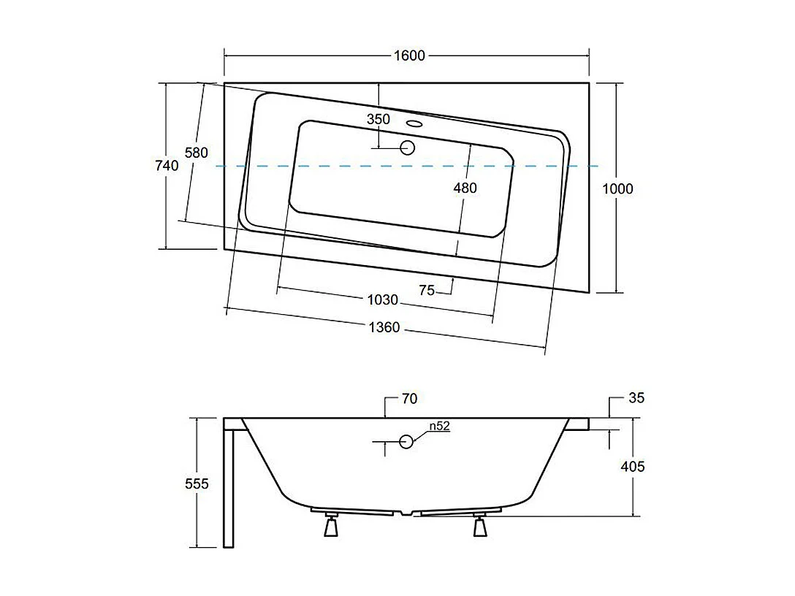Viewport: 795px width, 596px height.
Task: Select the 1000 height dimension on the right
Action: [x=617, y=188]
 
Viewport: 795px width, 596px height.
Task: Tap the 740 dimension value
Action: [x=167, y=166]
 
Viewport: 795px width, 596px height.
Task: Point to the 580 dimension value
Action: [x=196, y=153]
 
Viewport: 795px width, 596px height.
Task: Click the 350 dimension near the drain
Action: [x=379, y=119]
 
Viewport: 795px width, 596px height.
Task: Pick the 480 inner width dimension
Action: [x=465, y=188]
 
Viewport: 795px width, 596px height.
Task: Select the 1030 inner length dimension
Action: [x=382, y=299]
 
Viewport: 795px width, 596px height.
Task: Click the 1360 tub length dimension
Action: [x=384, y=327]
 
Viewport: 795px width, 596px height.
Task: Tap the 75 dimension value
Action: [x=427, y=291]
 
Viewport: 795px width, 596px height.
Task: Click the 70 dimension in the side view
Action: [x=409, y=399]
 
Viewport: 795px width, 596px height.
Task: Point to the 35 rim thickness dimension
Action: [x=636, y=398]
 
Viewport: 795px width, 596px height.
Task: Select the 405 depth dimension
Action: [x=633, y=466]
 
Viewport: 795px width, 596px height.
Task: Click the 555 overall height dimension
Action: [x=197, y=484]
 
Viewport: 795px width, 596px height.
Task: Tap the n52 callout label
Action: [x=438, y=427]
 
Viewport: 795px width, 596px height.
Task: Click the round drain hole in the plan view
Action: [x=408, y=148]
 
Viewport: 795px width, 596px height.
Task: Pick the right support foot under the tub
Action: [x=480, y=525]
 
